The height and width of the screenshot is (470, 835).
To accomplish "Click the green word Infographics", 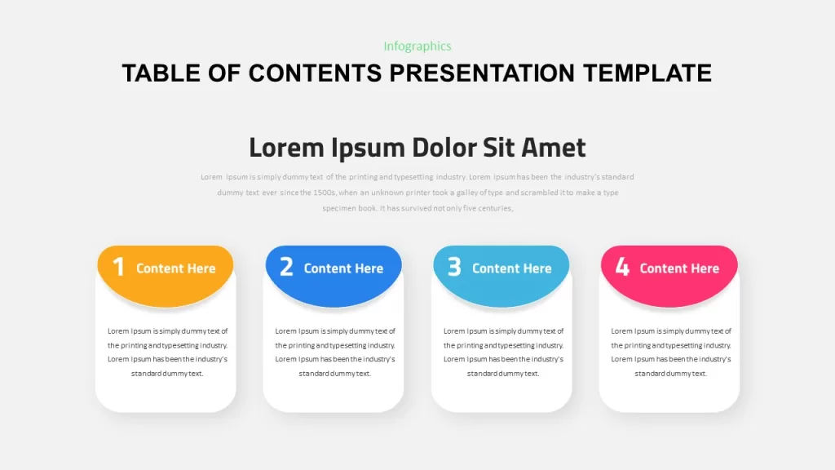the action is pyautogui.click(x=417, y=47).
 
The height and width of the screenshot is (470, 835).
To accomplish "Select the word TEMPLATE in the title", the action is pyautogui.click(x=647, y=73).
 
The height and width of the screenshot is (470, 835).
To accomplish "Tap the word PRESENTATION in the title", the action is pyautogui.click(x=482, y=73).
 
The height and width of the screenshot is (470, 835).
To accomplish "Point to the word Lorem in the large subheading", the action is pyautogui.click(x=286, y=148).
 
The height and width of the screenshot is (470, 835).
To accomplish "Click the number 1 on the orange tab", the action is pyautogui.click(x=119, y=267).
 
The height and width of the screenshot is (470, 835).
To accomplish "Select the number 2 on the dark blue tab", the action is pyautogui.click(x=286, y=267).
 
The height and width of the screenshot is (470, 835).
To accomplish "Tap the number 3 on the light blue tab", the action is pyautogui.click(x=454, y=267).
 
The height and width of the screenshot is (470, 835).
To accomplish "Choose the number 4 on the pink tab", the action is pyautogui.click(x=622, y=267).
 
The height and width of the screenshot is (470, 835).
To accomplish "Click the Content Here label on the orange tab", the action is pyautogui.click(x=176, y=268).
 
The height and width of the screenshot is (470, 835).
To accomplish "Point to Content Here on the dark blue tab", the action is pyautogui.click(x=343, y=268).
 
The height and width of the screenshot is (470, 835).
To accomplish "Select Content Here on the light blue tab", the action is pyautogui.click(x=512, y=268).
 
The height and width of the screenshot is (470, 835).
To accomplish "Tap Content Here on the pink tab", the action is pyautogui.click(x=679, y=268).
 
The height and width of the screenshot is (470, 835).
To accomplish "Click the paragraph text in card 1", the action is pyautogui.click(x=167, y=352).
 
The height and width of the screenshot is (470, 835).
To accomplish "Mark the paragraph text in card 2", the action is pyautogui.click(x=335, y=352).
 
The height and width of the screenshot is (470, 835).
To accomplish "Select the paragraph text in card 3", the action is pyautogui.click(x=503, y=352).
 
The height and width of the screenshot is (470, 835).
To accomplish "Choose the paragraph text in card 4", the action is pyautogui.click(x=671, y=352).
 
